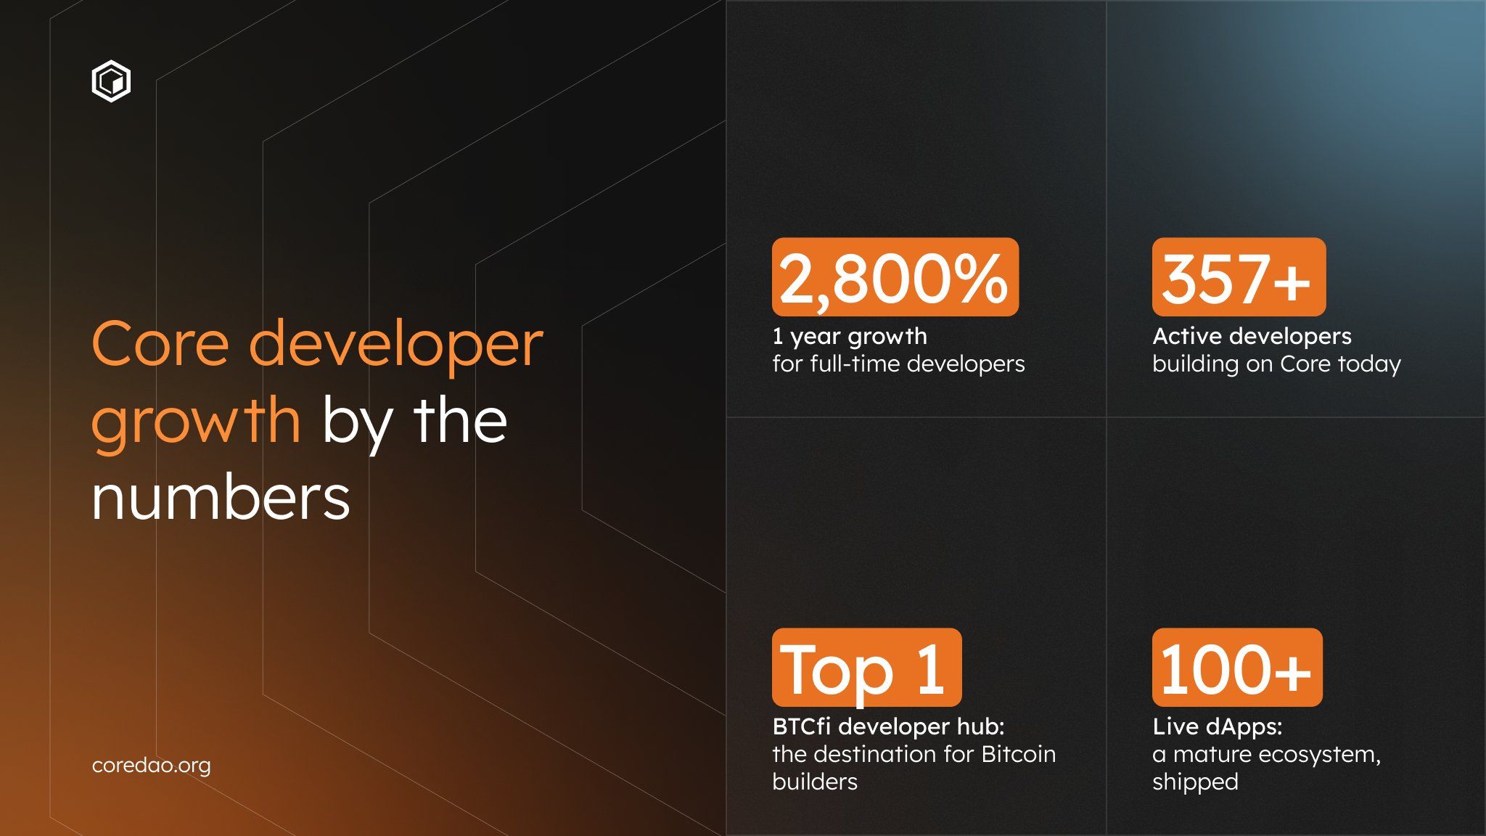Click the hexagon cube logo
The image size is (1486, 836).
pos(111,81)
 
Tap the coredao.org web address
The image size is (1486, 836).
pos(151,766)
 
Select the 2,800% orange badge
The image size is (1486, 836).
pos(895,277)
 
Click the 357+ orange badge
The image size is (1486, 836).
pos(1238,277)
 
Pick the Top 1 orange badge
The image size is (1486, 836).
pos(866,668)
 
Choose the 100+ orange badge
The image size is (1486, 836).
pos(1236,668)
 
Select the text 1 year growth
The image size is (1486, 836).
pos(850,337)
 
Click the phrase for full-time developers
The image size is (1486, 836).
pos(898,364)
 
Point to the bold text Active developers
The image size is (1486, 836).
pos(1252,337)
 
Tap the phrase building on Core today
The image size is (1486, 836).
pos(1276,364)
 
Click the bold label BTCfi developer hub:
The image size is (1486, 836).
pos(888,726)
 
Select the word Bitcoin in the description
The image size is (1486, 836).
pos(1018,755)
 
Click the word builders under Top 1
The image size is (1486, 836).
pos(815,782)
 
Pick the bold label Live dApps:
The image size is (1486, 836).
pos(1217,726)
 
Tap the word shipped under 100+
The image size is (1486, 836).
pos(1195,782)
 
